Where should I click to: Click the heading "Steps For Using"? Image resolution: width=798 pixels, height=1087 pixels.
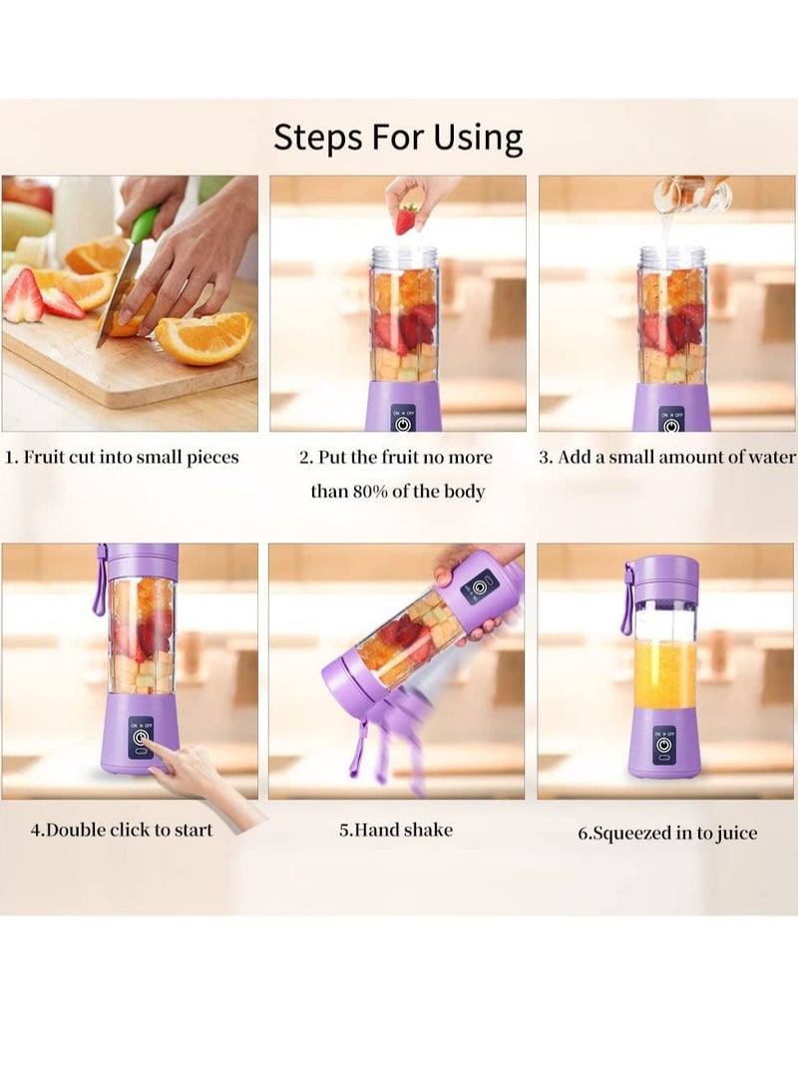(x=398, y=137)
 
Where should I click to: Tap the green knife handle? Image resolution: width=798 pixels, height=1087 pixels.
(x=145, y=224)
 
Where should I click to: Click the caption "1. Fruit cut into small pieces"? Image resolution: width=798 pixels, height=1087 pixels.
(x=123, y=458)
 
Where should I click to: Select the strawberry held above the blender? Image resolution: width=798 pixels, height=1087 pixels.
(x=406, y=219)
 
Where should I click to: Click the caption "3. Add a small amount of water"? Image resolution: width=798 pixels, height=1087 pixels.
(x=667, y=458)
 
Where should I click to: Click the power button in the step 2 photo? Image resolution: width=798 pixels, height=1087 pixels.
(x=402, y=423)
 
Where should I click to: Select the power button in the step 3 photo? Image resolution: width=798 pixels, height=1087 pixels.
(x=670, y=423)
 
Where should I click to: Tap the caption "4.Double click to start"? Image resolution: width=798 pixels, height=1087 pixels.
(x=122, y=829)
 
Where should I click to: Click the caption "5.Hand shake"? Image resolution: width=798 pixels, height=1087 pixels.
(x=396, y=829)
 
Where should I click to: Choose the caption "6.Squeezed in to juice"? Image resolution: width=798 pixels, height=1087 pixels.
(x=667, y=834)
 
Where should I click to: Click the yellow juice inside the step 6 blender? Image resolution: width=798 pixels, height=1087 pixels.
(x=664, y=673)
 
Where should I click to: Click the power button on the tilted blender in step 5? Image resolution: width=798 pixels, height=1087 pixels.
(x=481, y=587)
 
